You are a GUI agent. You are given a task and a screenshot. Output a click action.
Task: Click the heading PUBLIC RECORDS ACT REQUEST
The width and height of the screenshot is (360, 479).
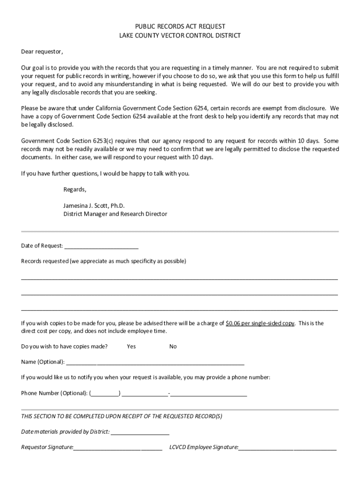180,27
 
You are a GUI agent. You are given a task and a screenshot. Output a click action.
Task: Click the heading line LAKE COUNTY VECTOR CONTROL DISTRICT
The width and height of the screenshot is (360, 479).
180,35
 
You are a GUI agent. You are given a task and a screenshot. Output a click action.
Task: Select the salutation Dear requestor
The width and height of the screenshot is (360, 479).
42,51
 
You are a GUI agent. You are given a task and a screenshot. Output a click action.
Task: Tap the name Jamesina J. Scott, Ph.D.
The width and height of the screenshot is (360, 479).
94,206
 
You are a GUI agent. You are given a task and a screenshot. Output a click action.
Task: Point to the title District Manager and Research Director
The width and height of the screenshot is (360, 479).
115,214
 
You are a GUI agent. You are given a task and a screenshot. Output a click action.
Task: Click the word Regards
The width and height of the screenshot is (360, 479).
75,189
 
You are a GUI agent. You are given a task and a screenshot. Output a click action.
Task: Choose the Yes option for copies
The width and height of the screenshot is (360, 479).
131,347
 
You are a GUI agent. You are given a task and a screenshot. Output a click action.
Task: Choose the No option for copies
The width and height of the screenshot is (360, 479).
173,347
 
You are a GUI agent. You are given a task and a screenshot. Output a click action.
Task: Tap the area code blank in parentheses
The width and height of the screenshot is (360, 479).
105,393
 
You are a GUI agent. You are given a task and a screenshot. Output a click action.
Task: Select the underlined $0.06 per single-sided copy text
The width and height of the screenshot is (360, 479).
260,323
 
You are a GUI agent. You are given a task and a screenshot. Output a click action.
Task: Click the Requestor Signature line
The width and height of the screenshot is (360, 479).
118,448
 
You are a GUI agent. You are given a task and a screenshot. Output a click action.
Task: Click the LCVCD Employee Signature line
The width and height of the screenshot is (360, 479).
287,448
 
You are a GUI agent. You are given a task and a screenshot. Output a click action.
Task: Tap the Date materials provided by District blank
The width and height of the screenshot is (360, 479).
140,432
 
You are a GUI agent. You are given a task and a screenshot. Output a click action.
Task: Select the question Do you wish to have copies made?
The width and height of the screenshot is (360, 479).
65,347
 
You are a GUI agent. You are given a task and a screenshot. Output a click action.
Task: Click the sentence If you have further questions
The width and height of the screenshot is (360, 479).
105,174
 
